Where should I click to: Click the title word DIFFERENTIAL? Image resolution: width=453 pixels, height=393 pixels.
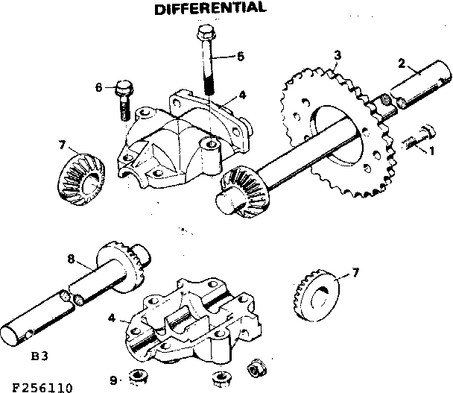(x=209, y=9)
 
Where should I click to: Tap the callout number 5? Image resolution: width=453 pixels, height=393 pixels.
(x=241, y=56)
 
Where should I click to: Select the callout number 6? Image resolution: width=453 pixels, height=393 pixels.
(x=99, y=87)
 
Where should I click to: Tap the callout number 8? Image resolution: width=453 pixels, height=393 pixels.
(x=72, y=260)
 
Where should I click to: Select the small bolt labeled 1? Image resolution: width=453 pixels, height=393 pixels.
(x=417, y=139)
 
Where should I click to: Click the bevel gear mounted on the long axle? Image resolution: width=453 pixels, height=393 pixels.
(x=243, y=191)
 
